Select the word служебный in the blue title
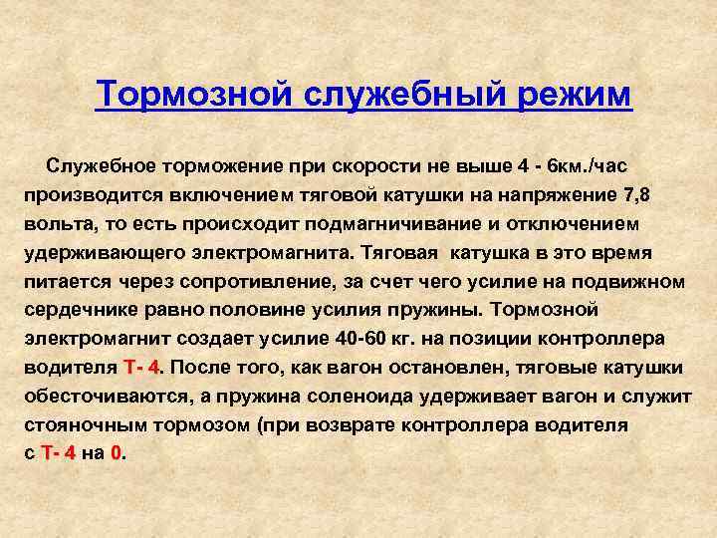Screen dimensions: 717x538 coord(404,96)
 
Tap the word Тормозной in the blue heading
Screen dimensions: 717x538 coord(194,94)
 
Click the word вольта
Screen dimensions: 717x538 coord(62,224)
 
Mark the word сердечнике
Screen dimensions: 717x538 coord(81,310)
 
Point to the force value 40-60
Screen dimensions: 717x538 coord(360,339)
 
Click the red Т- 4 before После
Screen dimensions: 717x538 coord(140,368)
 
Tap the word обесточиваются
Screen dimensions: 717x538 coord(107,398)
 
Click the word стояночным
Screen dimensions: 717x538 coord(86,425)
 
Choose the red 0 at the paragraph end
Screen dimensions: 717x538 coord(117,453)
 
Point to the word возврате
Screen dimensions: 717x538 coord(350,425)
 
